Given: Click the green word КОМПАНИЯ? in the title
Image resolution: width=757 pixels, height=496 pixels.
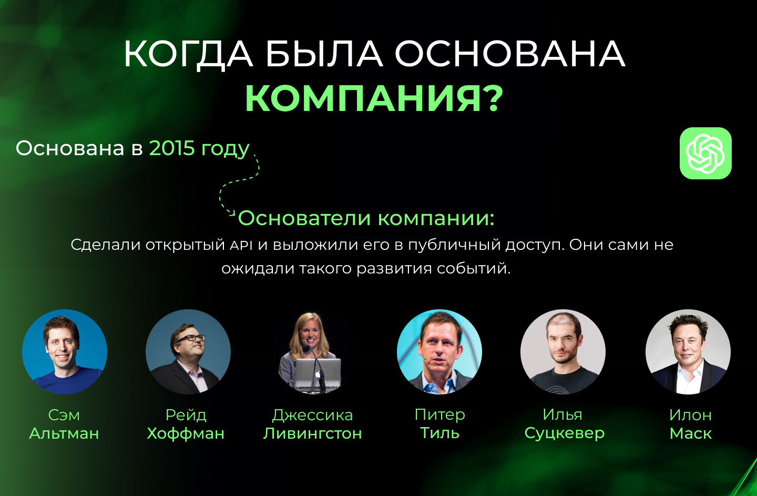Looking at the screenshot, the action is (x=374, y=98).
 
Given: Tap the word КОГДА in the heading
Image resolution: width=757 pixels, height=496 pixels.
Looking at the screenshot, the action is (x=188, y=54).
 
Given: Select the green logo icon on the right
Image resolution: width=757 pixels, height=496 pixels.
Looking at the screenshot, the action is (x=705, y=153).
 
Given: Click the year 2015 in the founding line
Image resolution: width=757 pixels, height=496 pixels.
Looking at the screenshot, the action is (x=172, y=148).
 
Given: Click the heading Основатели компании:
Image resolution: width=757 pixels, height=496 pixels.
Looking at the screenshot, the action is (x=366, y=218).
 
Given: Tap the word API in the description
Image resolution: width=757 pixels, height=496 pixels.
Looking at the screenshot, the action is (x=241, y=245).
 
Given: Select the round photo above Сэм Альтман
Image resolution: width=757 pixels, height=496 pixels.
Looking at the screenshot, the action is (x=65, y=352).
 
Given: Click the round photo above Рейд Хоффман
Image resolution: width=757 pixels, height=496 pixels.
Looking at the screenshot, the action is (x=188, y=352).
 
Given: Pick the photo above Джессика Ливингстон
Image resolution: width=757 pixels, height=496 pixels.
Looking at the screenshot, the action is (x=312, y=352).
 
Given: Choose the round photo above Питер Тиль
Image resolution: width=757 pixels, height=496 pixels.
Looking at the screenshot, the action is (x=439, y=352).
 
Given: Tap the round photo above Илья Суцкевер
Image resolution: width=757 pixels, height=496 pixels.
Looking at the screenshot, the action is (x=563, y=352).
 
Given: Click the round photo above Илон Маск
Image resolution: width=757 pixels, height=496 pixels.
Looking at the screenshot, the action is (x=688, y=352).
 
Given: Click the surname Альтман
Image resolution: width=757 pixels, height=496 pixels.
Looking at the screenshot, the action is (x=64, y=433).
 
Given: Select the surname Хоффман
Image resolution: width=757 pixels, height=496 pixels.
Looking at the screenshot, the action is (x=186, y=433).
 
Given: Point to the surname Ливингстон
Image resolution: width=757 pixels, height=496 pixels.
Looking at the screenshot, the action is (x=313, y=433).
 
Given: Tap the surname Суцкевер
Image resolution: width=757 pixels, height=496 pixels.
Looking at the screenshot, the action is (x=565, y=433).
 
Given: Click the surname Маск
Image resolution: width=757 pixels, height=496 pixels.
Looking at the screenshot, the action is (x=690, y=433).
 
